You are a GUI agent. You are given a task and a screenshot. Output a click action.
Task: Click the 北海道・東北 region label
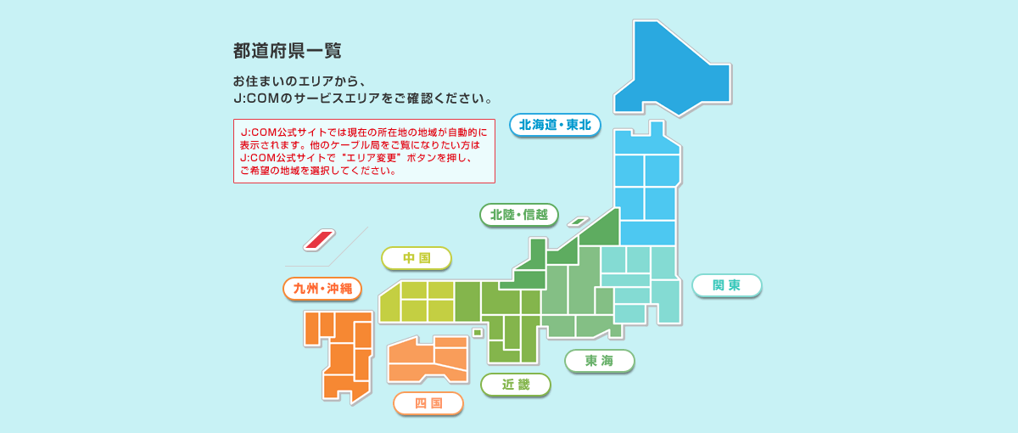555,125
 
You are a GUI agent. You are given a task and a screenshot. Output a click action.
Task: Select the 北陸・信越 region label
519,215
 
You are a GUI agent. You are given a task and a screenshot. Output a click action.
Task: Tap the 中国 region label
417,258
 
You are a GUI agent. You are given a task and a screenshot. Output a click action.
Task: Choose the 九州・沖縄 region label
322,289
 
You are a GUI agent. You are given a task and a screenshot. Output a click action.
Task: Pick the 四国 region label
428,403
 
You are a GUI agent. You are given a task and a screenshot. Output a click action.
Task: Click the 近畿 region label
516,385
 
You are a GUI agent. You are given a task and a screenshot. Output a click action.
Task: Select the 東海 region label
600,361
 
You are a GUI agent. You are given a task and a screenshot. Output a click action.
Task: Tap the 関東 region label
727,285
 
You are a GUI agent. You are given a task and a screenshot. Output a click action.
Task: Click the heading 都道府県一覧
288,51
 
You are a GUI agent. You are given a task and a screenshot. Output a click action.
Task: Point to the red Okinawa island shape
320,239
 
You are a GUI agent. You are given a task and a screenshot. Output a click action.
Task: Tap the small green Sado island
578,222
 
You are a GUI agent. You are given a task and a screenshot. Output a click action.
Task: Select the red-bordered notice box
364,151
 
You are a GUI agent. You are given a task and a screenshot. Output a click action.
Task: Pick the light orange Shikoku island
428,359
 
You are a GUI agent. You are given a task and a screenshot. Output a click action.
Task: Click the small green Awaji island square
477,333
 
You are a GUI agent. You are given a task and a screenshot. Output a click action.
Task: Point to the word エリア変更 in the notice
372,158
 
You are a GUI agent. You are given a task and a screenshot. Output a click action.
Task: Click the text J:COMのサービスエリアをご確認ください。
363,98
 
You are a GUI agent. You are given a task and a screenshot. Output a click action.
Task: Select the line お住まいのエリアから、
299,82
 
